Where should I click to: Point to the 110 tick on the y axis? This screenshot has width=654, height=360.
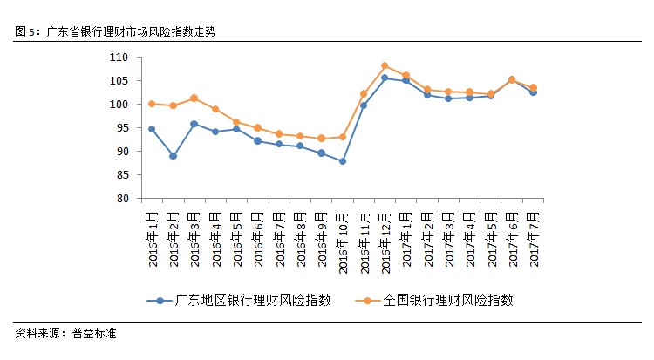(119, 58)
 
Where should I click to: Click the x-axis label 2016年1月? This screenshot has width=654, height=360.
(152, 229)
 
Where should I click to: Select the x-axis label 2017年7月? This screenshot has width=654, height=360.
(533, 229)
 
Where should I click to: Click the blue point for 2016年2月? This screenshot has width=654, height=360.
(173, 156)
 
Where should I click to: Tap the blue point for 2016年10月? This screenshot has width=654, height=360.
(343, 161)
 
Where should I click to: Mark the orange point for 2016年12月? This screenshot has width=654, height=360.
(385, 65)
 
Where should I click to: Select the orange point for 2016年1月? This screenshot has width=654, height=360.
(152, 104)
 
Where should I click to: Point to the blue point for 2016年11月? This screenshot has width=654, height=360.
(364, 105)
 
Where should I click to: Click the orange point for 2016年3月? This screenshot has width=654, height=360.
(194, 98)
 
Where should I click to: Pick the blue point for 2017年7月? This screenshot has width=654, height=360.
(533, 92)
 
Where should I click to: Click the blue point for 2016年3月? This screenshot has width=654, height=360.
(194, 124)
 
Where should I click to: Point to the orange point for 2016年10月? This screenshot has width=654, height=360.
(343, 137)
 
